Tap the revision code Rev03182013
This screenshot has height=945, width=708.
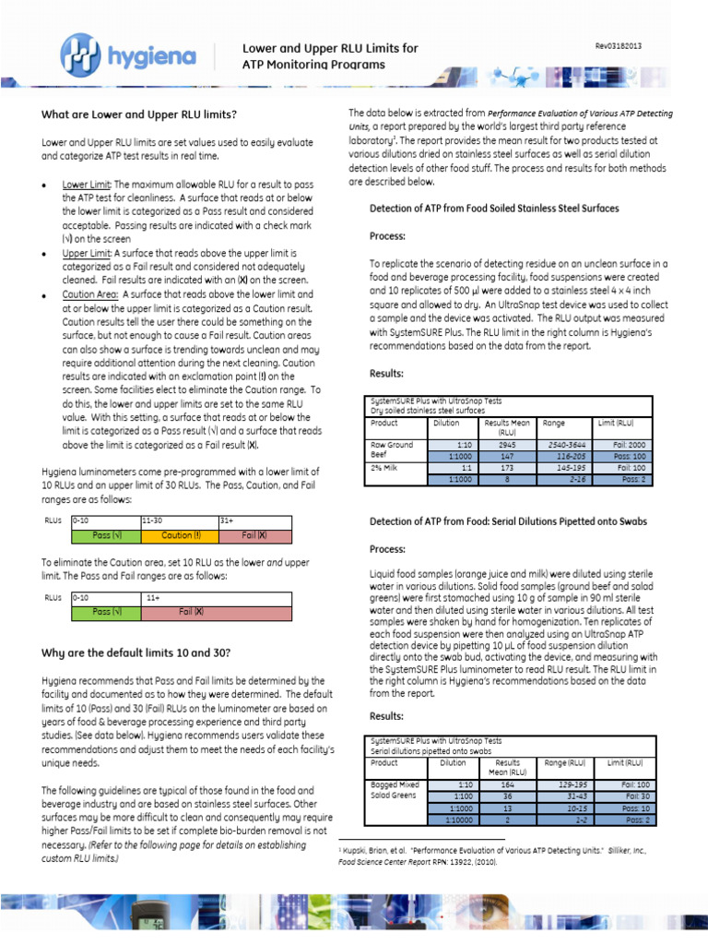(618, 46)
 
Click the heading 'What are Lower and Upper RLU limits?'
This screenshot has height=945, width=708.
(138, 114)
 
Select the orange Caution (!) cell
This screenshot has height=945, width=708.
(181, 535)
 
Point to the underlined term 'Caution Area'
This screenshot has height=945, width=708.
(89, 294)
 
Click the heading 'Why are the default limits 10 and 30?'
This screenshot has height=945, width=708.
(136, 653)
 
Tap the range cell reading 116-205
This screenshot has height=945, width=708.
(565, 456)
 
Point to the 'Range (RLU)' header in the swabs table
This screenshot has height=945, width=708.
(565, 763)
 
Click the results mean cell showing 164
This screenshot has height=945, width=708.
(506, 784)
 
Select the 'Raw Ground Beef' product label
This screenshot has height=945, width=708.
(392, 449)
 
